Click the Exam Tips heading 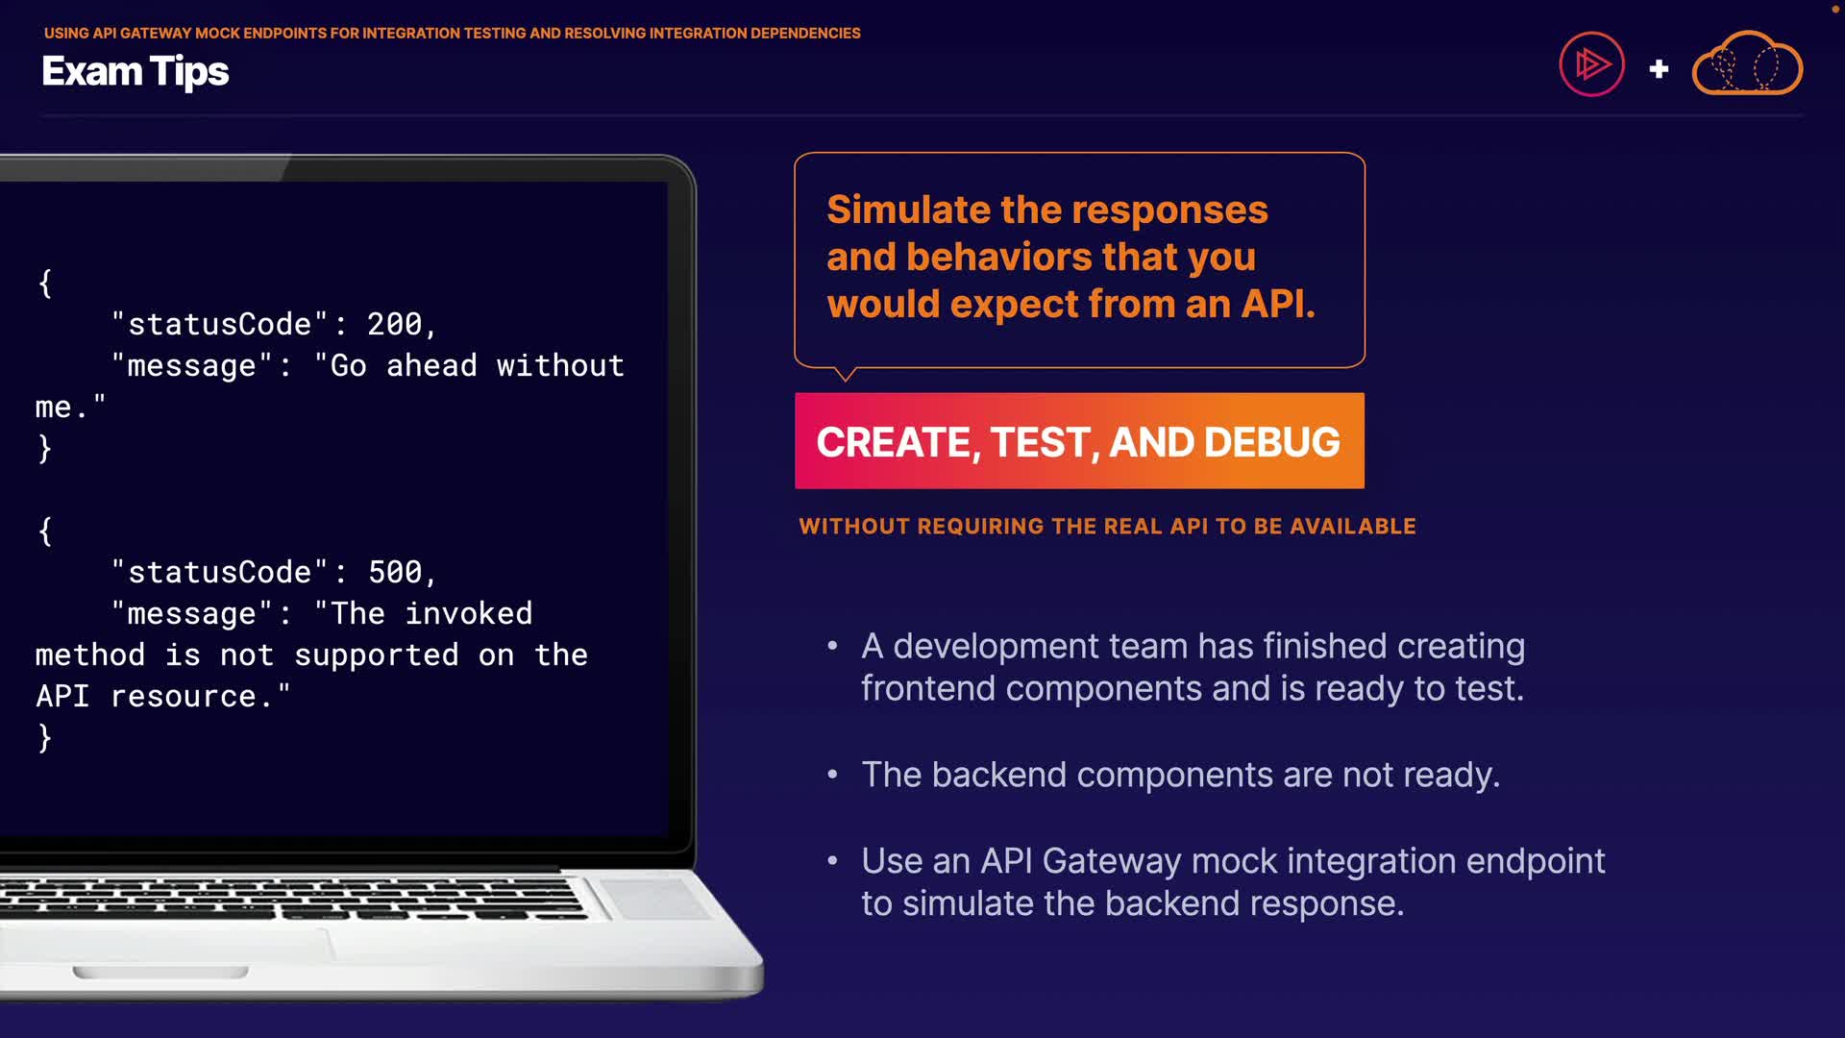tap(135, 72)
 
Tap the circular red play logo tap(1591, 64)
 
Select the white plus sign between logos tap(1659, 69)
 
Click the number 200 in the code tap(394, 324)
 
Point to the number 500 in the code tap(394, 572)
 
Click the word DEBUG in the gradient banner tap(1271, 442)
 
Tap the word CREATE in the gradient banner tap(893, 442)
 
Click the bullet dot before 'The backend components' tap(832, 775)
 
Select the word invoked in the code tap(469, 613)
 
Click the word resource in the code tap(184, 696)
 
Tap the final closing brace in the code tap(44, 737)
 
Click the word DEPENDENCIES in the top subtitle tap(805, 33)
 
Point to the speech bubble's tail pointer tap(845, 374)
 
